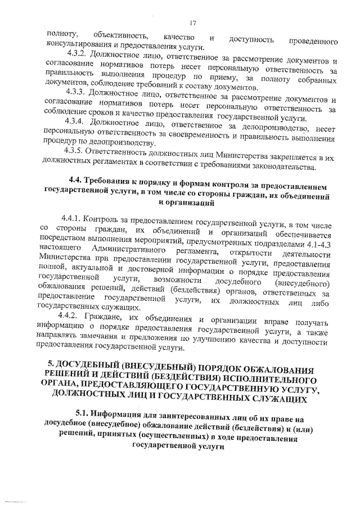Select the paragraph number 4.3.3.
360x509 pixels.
[76, 92]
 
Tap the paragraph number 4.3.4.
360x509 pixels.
[76, 120]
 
